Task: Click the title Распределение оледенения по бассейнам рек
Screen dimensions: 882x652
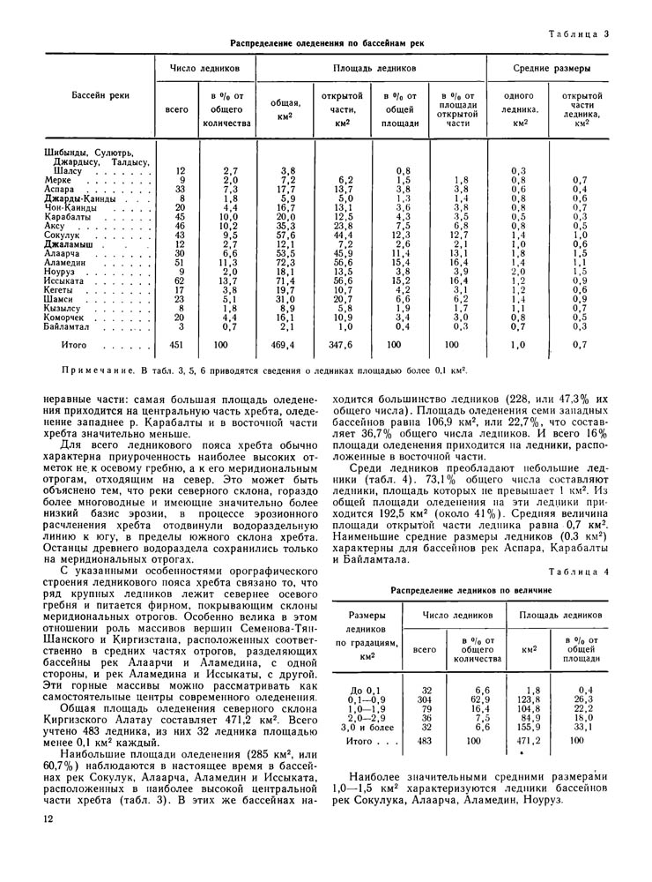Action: [x=327, y=43]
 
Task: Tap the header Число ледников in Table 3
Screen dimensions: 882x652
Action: [x=204, y=68]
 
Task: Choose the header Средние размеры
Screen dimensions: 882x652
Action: [x=552, y=68]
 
